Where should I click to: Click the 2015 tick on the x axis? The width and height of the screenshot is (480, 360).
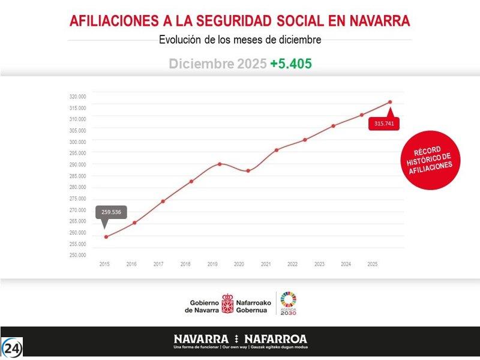104,264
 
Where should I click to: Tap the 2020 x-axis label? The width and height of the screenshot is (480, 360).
239,264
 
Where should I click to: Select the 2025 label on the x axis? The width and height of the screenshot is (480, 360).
372,264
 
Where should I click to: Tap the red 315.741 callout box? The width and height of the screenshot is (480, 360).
383,124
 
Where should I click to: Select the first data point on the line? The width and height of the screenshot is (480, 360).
106,237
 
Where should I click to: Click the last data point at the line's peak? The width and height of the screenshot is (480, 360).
390,102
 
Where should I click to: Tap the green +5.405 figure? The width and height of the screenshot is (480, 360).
291,64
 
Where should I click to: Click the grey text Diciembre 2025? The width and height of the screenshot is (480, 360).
217,64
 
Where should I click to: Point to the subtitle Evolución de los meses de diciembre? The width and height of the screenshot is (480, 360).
240,40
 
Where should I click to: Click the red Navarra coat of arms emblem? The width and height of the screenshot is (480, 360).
228,304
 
